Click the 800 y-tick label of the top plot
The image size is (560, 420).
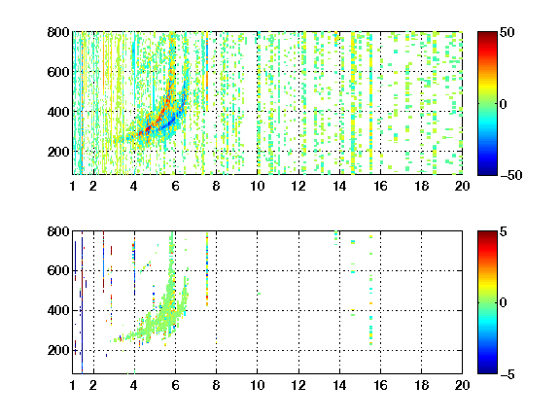click(58, 32)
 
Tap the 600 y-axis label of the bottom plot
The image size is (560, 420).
click(58, 270)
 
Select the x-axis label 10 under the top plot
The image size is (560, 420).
click(257, 186)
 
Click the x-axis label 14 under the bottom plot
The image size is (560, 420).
click(339, 385)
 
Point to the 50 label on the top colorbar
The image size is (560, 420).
click(507, 32)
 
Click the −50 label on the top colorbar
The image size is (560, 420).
click(510, 175)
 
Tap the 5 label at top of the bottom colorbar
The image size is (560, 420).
click(504, 231)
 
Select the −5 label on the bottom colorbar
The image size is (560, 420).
click(507, 374)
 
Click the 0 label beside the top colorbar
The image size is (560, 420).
click(503, 104)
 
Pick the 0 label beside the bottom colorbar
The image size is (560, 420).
click(503, 303)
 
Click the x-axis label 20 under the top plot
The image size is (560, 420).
click(462, 186)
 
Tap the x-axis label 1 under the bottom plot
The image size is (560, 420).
click(73, 385)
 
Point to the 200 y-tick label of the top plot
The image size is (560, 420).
click(58, 152)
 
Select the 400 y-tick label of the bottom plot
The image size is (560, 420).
click(58, 310)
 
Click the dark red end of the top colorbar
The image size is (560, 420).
click(487, 34)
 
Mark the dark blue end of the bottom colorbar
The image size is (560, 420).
click(487, 371)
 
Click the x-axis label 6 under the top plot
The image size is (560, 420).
click(175, 186)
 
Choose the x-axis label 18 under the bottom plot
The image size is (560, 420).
click(421, 385)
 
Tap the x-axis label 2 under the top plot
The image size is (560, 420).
click(93, 186)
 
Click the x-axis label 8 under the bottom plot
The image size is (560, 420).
click(216, 385)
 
